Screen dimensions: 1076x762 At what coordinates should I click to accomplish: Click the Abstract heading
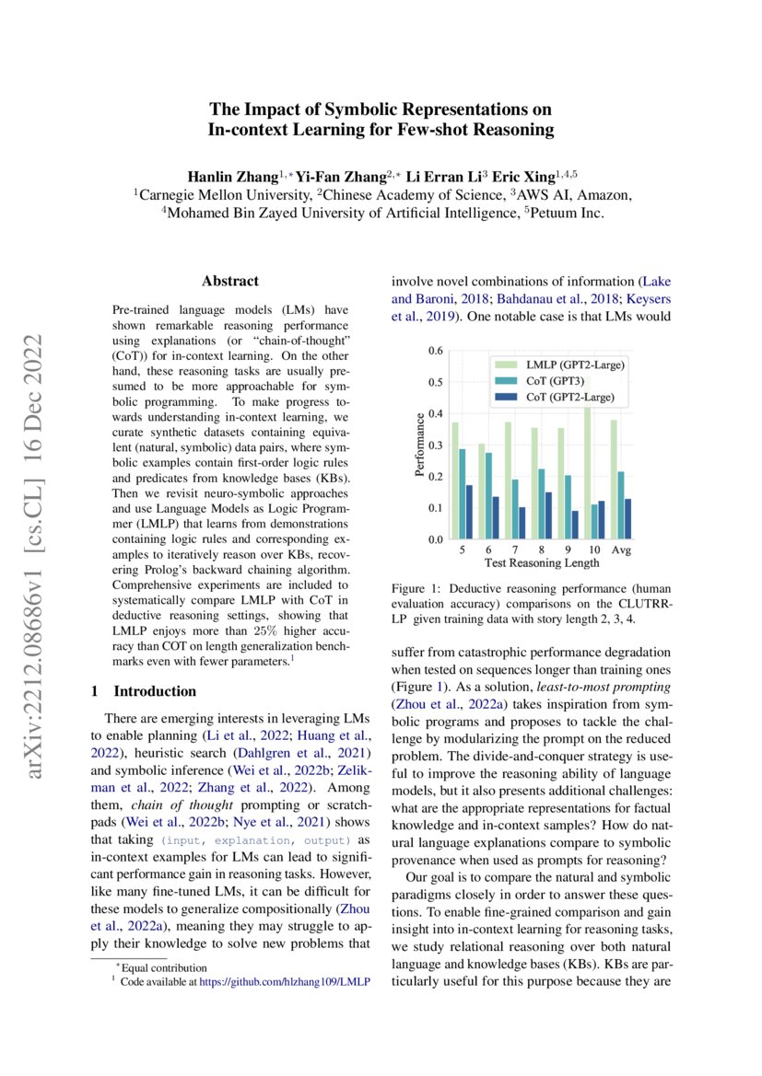(230, 281)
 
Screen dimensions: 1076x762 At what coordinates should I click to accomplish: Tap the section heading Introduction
(154, 690)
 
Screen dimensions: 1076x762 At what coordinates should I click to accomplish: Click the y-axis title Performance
(420, 445)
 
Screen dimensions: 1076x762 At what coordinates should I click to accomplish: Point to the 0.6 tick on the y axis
(436, 351)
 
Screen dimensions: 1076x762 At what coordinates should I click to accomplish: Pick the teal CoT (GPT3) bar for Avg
(621, 504)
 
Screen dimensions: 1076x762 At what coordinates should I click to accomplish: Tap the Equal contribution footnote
(166, 967)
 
